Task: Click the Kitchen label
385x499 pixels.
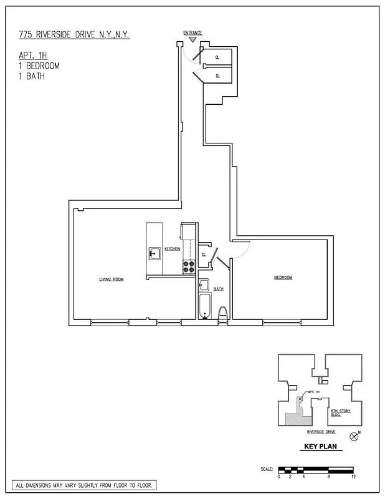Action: [x=173, y=249]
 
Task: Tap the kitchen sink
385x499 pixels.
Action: [x=154, y=254]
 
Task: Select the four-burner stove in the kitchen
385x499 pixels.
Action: [x=188, y=266]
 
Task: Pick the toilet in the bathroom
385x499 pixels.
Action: [x=223, y=313]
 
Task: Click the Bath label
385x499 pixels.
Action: [x=219, y=289]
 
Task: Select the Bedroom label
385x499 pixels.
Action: [x=283, y=278]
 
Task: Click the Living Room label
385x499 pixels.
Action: [x=111, y=279]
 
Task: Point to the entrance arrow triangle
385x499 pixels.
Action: [x=192, y=39]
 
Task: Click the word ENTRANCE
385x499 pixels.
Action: [x=192, y=32]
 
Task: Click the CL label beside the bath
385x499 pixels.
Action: [x=204, y=254]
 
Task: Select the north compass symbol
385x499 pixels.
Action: [x=354, y=437]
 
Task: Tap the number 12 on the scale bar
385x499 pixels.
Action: [x=353, y=477]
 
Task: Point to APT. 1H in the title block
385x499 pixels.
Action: [x=32, y=55]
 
